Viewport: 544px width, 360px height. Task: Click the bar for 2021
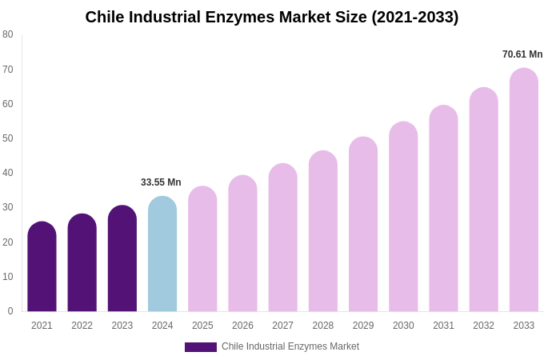coord(42,267)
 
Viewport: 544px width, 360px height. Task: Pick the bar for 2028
coord(323,232)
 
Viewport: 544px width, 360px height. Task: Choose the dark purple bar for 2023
coord(122,259)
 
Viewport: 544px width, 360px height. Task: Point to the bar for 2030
coord(403,218)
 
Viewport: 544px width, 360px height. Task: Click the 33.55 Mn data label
coord(161,182)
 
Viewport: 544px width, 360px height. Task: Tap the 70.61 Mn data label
coord(522,54)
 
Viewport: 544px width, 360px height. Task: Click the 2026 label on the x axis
coord(242,326)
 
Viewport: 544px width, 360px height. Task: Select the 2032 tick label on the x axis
coord(483,326)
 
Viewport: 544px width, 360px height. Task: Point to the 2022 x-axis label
coord(82,326)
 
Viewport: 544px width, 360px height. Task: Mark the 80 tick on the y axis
coord(8,34)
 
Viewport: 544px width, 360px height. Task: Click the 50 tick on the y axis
coord(8,138)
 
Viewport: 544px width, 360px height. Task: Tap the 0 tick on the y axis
coord(10,311)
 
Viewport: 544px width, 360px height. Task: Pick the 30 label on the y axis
coord(8,207)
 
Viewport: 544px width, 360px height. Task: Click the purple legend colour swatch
coord(200,347)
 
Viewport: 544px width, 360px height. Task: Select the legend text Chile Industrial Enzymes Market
coord(290,346)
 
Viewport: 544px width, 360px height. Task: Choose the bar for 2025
coord(202,250)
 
